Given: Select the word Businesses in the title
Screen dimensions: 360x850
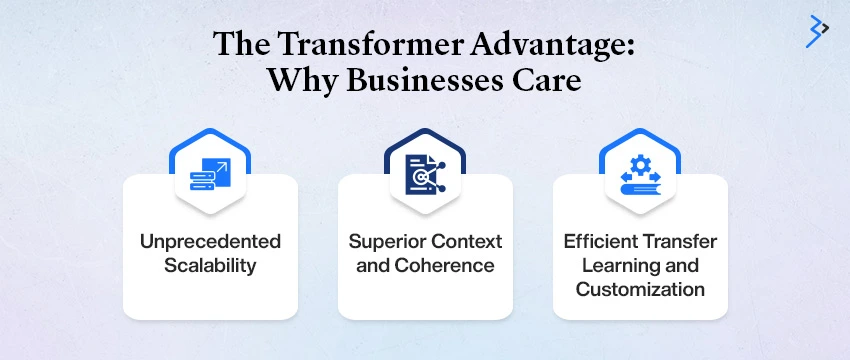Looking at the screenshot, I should [x=419, y=81].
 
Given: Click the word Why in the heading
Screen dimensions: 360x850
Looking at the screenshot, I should [x=300, y=81].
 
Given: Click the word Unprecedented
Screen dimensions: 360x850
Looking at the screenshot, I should [x=210, y=242].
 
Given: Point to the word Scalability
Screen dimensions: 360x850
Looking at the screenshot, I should [x=210, y=266].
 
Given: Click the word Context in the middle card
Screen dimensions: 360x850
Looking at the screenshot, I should [x=469, y=242].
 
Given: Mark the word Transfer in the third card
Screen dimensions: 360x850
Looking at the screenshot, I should [x=680, y=242].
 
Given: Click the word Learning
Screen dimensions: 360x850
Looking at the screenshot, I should [x=608, y=266].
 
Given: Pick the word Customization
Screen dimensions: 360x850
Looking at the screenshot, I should [x=639, y=290].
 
